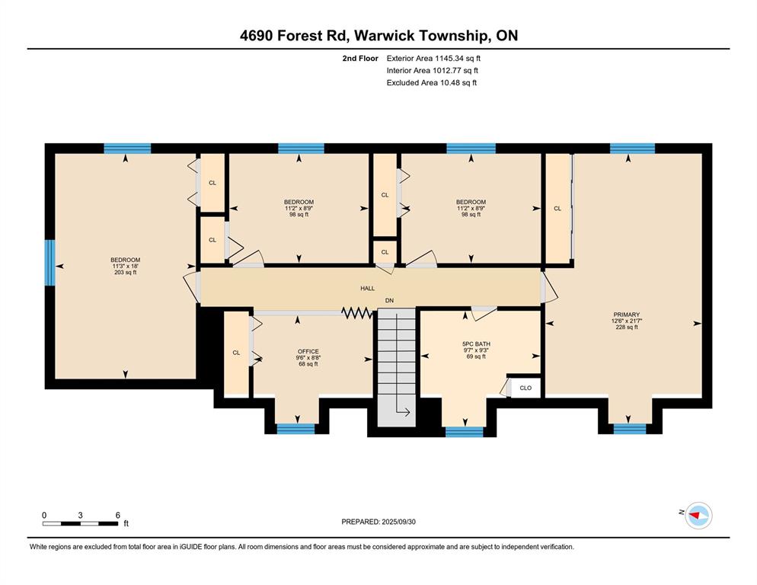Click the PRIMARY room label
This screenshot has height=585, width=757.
pyautogui.click(x=626, y=315)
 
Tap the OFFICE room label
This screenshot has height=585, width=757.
pyautogui.click(x=308, y=352)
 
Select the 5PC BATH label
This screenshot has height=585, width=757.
pyautogui.click(x=476, y=344)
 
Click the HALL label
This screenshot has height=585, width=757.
pyautogui.click(x=367, y=289)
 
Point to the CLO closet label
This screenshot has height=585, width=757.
pyautogui.click(x=525, y=388)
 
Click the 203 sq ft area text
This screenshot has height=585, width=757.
pyautogui.click(x=125, y=273)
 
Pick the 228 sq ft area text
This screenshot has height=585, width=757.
pyautogui.click(x=626, y=327)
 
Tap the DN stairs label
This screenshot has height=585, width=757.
pyautogui.click(x=389, y=300)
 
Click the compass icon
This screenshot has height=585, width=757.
pyautogui.click(x=698, y=516)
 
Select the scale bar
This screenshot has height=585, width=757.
pyautogui.click(x=80, y=523)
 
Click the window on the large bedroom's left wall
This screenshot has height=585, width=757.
pyautogui.click(x=50, y=263)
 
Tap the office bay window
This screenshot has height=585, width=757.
pyautogui.click(x=295, y=429)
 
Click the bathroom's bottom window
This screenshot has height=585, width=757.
pyautogui.click(x=464, y=432)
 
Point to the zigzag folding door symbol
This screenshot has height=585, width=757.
pyautogui.click(x=356, y=313)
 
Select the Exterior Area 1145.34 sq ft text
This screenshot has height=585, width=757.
pyautogui.click(x=433, y=59)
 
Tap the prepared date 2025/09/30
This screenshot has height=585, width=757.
pyautogui.click(x=398, y=522)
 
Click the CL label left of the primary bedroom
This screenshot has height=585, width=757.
pyautogui.click(x=557, y=209)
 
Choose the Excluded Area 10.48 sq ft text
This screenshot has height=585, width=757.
pyautogui.click(x=432, y=82)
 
